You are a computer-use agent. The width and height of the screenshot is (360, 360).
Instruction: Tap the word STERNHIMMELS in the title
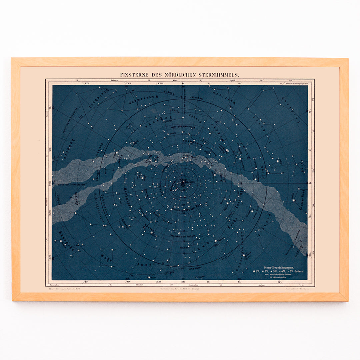221,75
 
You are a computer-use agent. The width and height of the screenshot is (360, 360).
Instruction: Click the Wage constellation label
106,258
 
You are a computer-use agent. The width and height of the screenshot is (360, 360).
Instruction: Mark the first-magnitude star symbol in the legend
254,272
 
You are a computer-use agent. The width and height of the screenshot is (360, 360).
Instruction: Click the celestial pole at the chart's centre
183,182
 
